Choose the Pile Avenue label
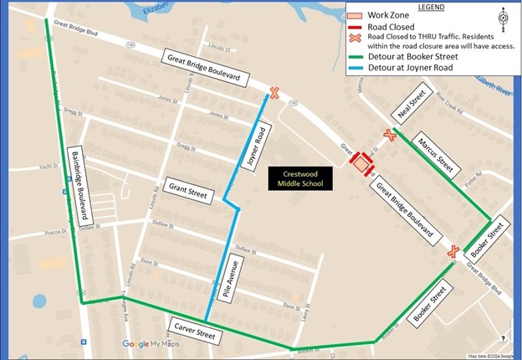233,279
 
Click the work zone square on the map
361,164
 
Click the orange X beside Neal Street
389,135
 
